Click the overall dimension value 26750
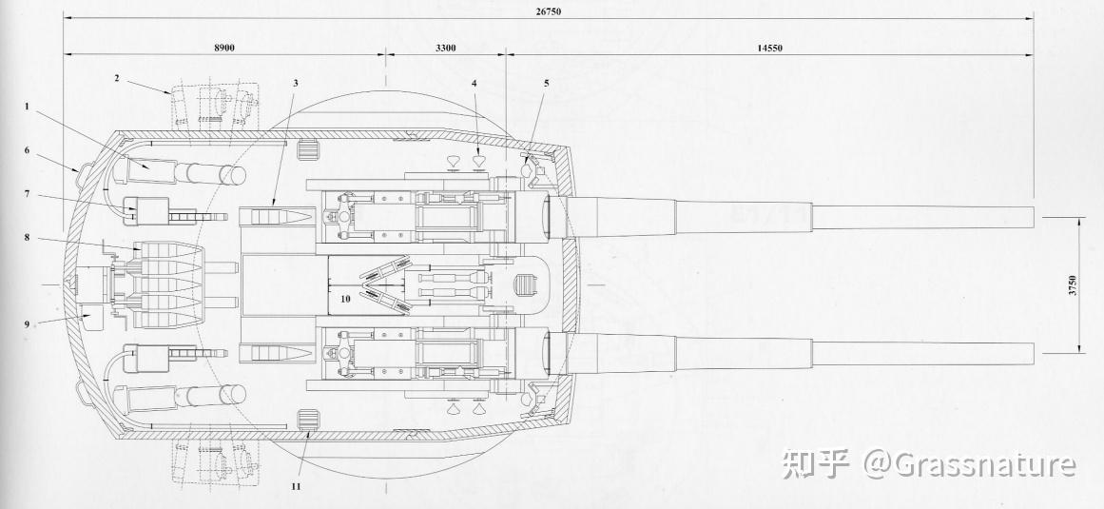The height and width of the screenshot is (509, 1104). click(x=549, y=9)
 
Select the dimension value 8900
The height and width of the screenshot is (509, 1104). click(x=224, y=47)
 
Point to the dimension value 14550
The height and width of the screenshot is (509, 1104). click(x=770, y=47)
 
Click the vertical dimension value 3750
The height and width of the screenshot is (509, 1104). click(x=1072, y=284)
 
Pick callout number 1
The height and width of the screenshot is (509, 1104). click(x=29, y=107)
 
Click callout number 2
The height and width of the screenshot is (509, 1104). click(x=117, y=78)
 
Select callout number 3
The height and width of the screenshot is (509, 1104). click(x=296, y=83)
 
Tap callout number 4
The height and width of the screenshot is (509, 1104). click(x=474, y=83)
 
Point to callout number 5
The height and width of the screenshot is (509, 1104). click(x=547, y=83)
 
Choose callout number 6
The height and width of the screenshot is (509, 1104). click(x=29, y=150)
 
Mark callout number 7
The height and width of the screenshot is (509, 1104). click(x=29, y=195)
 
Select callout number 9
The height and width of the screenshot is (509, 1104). click(x=29, y=323)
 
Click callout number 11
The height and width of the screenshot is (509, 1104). click(x=296, y=486)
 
